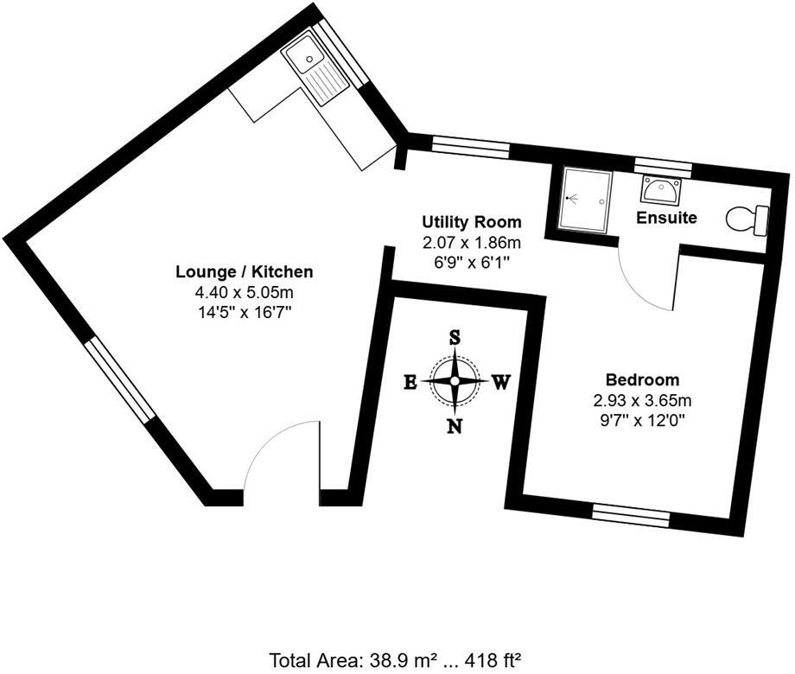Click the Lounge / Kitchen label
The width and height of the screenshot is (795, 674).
[x=245, y=272]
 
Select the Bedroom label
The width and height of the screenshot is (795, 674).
[x=642, y=379]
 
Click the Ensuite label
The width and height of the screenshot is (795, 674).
[x=666, y=218]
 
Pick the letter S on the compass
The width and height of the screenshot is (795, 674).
[x=454, y=338]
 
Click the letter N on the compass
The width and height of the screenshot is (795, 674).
[x=454, y=425]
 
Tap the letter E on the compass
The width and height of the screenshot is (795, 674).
[x=411, y=382]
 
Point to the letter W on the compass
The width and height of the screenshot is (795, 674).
[x=499, y=382]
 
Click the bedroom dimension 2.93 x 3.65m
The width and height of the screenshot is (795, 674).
[x=642, y=400]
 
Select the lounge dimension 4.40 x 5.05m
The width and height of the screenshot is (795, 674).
[x=245, y=293]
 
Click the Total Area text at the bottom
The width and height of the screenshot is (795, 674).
[x=396, y=660]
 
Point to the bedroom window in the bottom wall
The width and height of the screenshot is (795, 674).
[x=631, y=515]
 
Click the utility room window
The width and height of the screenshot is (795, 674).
[x=470, y=147]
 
